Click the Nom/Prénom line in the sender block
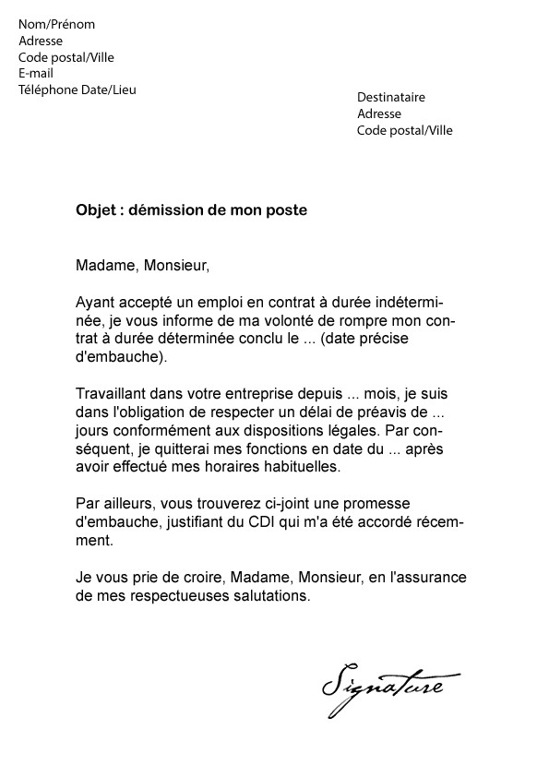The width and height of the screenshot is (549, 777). click(56, 24)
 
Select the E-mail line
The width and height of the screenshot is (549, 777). click(36, 73)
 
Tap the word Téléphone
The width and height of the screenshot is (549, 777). click(49, 90)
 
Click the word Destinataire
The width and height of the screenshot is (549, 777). click(391, 97)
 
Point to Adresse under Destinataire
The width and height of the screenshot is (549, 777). click(379, 114)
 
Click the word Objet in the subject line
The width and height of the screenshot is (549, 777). click(95, 210)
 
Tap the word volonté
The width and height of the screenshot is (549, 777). click(257, 321)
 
